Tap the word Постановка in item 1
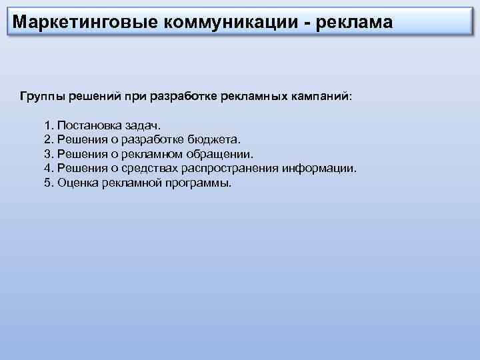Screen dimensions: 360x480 tap(89, 125)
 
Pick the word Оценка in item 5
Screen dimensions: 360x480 tap(79, 182)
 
